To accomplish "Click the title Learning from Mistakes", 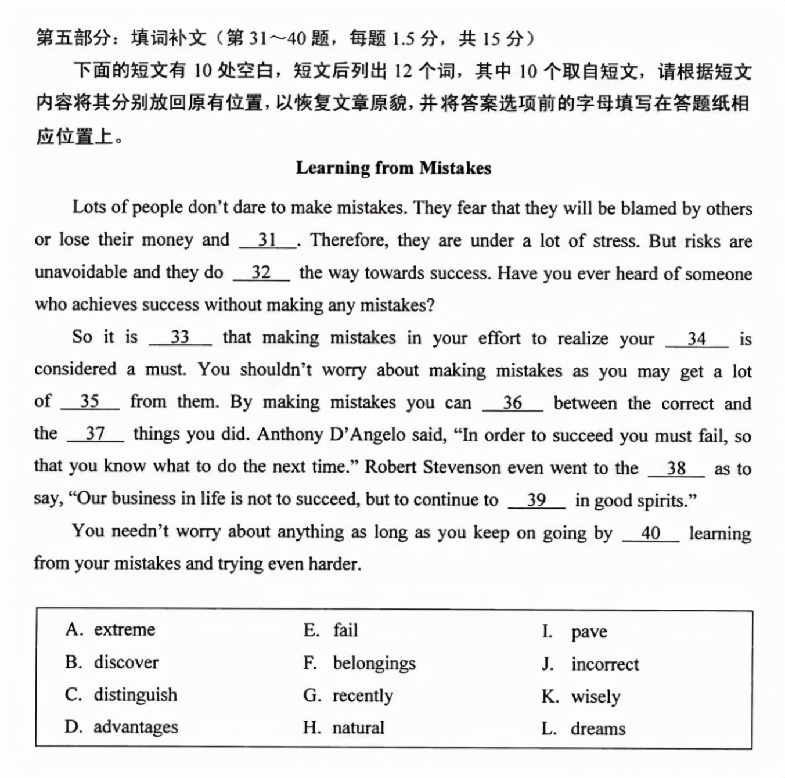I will (393, 168).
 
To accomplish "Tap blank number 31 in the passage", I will (268, 240).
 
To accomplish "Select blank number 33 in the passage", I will (180, 337).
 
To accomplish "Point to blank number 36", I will (512, 402).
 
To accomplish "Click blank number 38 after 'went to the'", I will (676, 468).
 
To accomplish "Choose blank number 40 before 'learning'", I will (650, 533).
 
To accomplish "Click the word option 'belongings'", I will (374, 663).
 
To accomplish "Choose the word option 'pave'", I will (589, 632).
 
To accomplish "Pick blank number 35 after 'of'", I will (89, 401).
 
